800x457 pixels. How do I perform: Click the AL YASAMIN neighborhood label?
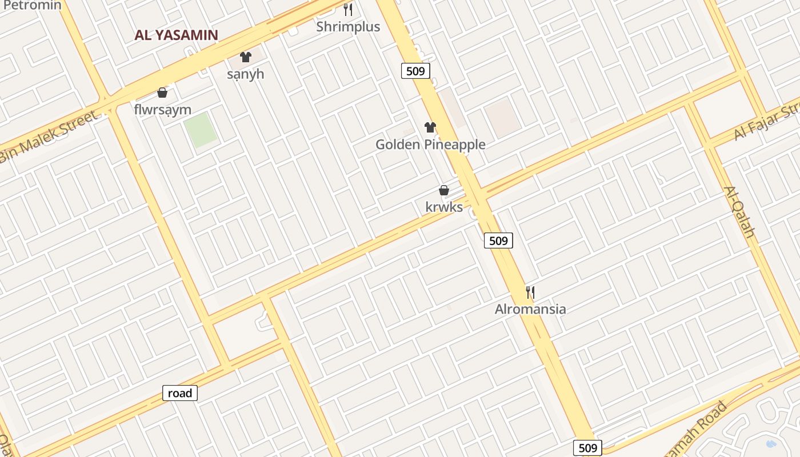point(176,35)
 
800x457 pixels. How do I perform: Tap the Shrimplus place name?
point(348,26)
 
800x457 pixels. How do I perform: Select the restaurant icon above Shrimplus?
point(348,10)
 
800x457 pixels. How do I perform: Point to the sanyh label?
point(246,74)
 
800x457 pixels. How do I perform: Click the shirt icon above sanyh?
point(246,57)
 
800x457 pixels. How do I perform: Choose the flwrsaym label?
point(163,109)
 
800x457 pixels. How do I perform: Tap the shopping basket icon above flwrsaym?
point(162,93)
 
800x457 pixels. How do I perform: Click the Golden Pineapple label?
point(430,145)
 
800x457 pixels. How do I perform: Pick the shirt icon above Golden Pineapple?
point(430,127)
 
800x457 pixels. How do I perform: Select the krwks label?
point(444,207)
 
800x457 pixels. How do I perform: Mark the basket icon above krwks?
point(444,190)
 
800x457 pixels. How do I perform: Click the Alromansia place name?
point(530,309)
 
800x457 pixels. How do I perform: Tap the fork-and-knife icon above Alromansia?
point(530,292)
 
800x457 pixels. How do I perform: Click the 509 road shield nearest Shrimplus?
point(415,71)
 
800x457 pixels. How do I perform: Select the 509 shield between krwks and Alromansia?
point(498,240)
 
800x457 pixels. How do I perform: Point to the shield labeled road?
point(180,393)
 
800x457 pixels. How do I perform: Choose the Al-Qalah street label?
point(739,211)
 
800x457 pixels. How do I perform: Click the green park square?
point(200,130)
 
